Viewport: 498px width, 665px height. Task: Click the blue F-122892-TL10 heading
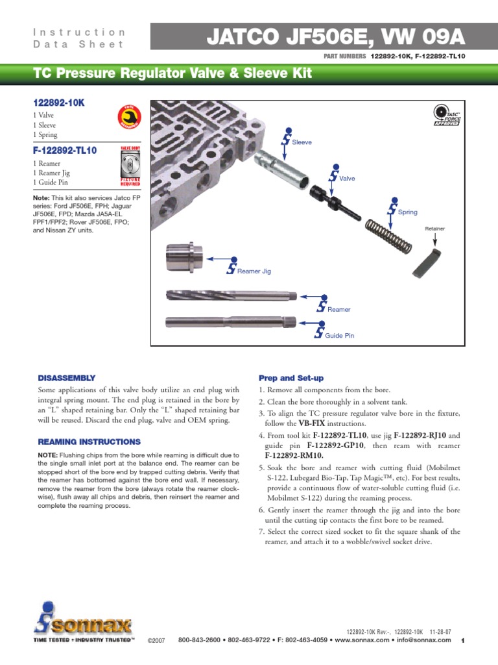[x=65, y=151]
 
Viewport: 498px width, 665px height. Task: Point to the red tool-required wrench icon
[x=128, y=118]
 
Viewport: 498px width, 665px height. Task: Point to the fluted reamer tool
[x=231, y=297]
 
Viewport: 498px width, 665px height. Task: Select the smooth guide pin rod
[x=231, y=321]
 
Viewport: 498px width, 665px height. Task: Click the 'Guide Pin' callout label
[x=339, y=336]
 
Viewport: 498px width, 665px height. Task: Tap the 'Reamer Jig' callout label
[x=254, y=271]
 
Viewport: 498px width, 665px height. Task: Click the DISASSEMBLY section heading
[x=67, y=377]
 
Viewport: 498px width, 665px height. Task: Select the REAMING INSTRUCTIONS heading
[x=88, y=442]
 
